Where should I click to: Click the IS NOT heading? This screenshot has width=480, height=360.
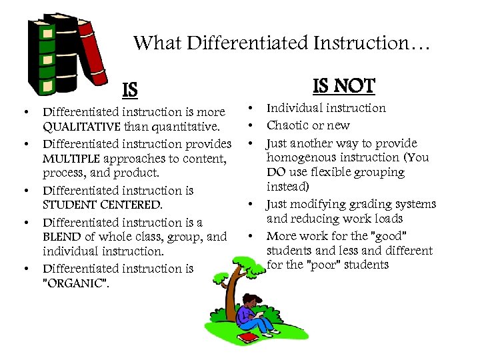344,86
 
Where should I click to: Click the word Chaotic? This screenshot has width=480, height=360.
288,125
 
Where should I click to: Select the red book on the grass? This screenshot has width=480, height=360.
249,337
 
